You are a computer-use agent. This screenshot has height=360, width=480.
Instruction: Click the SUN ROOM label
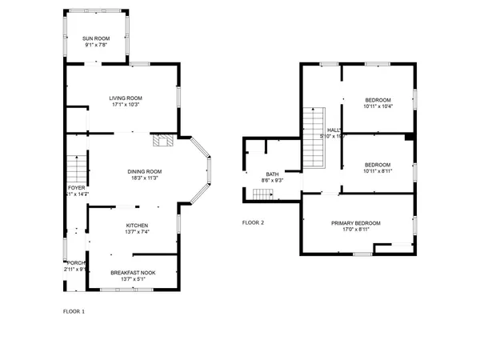[x=96, y=38]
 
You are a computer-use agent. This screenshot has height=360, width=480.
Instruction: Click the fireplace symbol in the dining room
[x=163, y=142]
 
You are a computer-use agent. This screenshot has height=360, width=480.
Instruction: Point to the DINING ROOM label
[x=144, y=171]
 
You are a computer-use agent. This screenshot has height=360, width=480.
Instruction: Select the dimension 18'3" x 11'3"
[x=144, y=178]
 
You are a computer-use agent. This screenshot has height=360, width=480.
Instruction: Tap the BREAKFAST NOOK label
[x=133, y=272]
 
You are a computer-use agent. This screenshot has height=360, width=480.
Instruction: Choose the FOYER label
[x=76, y=187]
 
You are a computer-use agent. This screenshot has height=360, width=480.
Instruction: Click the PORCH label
[x=75, y=262]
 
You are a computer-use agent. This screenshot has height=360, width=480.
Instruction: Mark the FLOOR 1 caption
[x=74, y=310]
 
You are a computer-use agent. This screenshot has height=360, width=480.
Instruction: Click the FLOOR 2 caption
[x=253, y=222]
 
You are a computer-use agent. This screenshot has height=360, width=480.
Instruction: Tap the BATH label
[x=273, y=174]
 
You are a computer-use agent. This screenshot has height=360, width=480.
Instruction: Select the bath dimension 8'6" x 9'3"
[x=273, y=181]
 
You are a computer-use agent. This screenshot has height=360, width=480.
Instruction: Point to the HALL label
[x=334, y=130]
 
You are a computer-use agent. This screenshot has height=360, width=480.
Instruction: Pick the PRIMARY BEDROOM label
[x=355, y=222]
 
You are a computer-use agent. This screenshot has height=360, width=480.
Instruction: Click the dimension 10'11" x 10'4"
[x=378, y=106]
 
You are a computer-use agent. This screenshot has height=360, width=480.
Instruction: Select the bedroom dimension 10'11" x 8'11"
[x=378, y=170]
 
